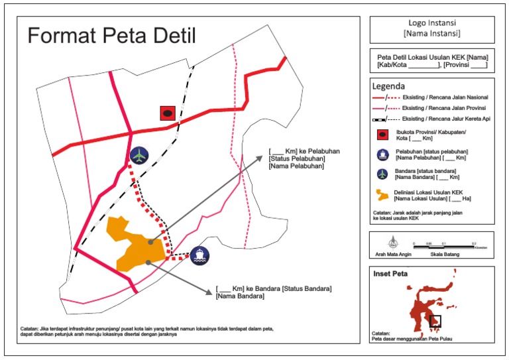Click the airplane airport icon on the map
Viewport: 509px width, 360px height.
[x=139, y=155]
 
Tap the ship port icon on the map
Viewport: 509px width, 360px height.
[x=199, y=255]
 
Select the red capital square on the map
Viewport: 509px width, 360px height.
[x=168, y=113]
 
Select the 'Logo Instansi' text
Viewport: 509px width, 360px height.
[x=431, y=23]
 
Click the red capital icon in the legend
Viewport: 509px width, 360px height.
[x=381, y=135]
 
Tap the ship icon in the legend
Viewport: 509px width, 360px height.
[x=381, y=155]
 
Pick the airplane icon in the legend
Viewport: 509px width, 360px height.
[x=381, y=174]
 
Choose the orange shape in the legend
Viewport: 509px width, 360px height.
[x=381, y=195]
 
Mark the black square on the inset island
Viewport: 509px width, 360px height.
[x=435, y=321]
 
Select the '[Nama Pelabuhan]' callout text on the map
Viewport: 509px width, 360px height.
[x=296, y=166]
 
